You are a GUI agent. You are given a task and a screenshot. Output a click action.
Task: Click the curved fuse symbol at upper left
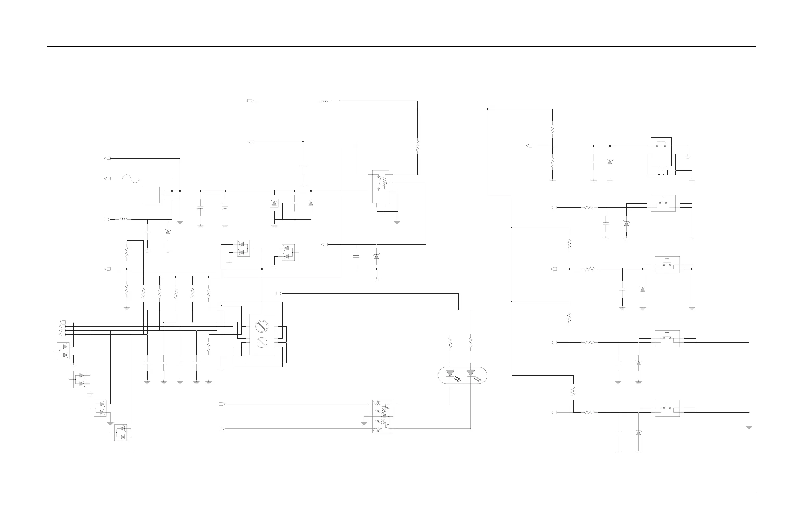point(130,179)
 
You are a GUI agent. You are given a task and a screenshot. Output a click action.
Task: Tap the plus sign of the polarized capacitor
point(222,203)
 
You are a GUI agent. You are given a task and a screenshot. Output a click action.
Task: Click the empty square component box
point(151,195)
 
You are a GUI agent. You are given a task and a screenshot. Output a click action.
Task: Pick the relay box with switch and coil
point(381,187)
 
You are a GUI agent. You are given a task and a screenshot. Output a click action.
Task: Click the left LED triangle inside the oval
point(450,373)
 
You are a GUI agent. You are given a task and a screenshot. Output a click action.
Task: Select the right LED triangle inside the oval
point(470,373)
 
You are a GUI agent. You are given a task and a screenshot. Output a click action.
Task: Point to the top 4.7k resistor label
point(377,402)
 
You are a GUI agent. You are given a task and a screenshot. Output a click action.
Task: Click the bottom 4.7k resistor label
point(377,431)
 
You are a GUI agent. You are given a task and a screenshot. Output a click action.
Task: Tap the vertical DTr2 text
point(385,411)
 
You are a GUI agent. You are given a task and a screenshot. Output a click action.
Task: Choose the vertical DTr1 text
point(385,422)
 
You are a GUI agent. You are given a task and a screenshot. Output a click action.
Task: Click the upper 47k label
point(377,411)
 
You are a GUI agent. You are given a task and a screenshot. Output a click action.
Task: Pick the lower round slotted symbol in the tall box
point(261,343)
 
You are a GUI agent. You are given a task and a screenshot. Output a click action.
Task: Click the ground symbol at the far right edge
point(749,427)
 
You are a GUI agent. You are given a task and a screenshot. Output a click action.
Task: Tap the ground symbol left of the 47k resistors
point(364,423)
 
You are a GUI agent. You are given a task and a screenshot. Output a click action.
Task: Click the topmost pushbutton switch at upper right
point(661,146)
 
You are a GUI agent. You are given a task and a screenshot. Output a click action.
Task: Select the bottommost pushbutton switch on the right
point(667,408)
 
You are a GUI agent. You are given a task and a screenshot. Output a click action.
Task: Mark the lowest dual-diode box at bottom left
point(121,433)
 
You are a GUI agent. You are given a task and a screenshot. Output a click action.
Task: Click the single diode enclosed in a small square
point(274,203)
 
